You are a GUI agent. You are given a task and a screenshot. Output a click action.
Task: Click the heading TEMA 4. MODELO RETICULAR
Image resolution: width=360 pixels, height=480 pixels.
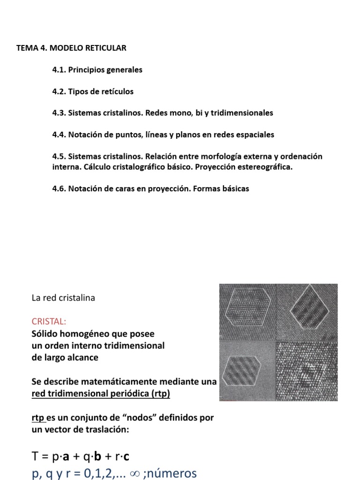click(x=71, y=48)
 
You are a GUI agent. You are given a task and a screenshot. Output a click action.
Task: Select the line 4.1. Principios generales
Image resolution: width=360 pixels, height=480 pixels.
click(x=97, y=70)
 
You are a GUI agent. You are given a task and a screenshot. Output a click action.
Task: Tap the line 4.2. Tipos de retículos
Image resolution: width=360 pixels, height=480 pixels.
click(x=93, y=91)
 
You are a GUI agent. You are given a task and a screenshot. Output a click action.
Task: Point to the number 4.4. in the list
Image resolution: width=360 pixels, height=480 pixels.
click(x=59, y=135)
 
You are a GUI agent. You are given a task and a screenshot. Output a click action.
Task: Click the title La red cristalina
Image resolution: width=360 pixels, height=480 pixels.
click(x=63, y=298)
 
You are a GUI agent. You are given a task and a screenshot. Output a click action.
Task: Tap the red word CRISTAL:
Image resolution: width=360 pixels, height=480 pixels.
click(x=49, y=322)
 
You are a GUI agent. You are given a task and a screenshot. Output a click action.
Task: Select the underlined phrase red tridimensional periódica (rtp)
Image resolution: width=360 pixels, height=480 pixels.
click(x=101, y=394)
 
